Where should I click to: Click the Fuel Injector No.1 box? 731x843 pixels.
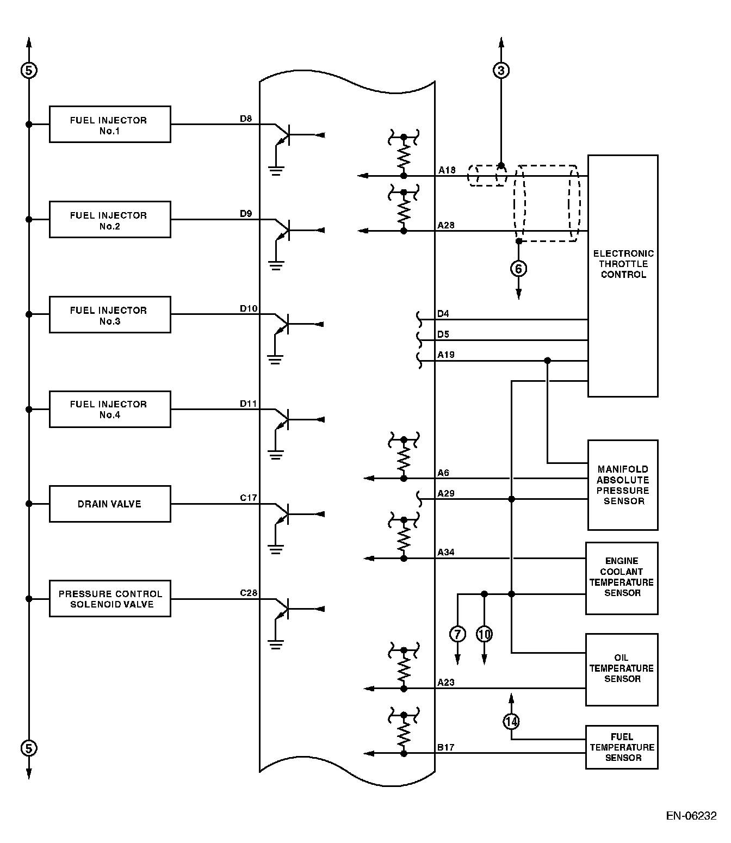[x=110, y=125]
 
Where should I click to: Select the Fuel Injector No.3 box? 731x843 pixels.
[x=110, y=314]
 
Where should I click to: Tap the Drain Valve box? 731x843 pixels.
[x=110, y=504]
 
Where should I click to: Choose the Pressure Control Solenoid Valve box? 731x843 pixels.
[x=110, y=599]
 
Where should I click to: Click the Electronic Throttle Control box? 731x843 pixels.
[x=623, y=276]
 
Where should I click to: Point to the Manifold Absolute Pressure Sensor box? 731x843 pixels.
[x=623, y=485]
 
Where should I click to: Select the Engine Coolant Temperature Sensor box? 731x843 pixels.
[x=622, y=578]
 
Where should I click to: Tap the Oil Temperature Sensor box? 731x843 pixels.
[x=622, y=669]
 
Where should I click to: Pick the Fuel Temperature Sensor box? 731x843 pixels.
[x=622, y=747]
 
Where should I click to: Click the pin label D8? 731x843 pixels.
[x=246, y=119]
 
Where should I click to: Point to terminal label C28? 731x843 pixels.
[x=249, y=593]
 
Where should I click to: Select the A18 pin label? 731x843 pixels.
[x=447, y=170]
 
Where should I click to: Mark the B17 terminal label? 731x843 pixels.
[x=445, y=747]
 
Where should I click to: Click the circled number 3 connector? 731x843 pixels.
[x=501, y=70]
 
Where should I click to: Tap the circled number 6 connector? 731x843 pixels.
[x=518, y=268]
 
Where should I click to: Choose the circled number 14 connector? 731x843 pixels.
[x=511, y=722]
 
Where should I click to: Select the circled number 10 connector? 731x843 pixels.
[x=484, y=634]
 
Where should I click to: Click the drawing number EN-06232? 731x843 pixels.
[x=691, y=816]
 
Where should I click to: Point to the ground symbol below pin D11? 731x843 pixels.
[x=276, y=455]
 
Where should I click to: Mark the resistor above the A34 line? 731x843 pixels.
[x=404, y=538]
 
